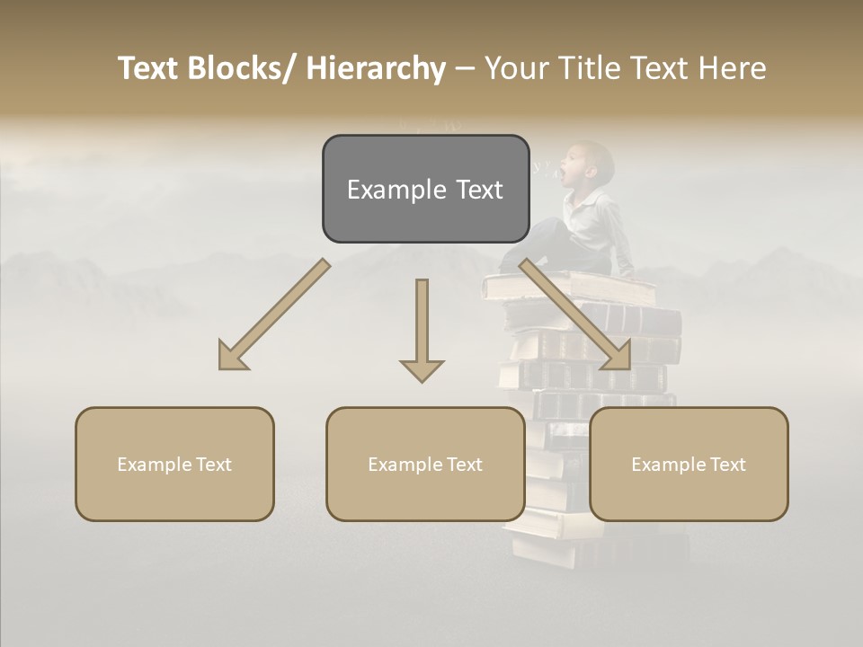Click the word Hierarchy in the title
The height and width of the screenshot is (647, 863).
click(375, 69)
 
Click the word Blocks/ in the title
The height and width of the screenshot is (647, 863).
click(240, 69)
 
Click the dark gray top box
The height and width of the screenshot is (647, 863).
click(425, 189)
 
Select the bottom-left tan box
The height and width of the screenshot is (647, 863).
click(174, 465)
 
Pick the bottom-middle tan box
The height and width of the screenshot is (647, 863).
click(425, 465)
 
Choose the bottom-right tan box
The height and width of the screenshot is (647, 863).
click(689, 465)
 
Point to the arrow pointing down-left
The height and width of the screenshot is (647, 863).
click(274, 315)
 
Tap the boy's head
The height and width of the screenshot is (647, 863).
click(591, 163)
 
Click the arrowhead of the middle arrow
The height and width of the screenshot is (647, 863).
click(422, 369)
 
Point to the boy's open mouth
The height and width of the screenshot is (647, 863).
click(564, 168)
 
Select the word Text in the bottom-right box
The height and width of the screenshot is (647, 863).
click(727, 465)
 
